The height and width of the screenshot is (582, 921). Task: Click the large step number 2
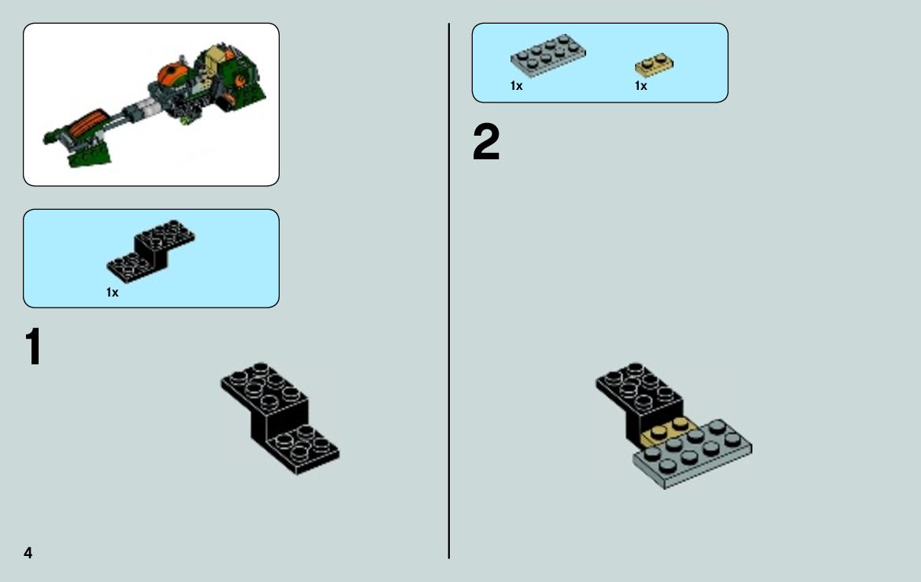(486, 142)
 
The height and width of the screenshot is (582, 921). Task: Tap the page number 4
(28, 553)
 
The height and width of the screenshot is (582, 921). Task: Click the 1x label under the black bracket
(112, 292)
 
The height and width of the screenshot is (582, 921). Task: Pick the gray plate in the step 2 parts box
(548, 55)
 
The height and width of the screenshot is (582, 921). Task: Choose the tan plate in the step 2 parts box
(654, 65)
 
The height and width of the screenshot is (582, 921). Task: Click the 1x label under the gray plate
(516, 86)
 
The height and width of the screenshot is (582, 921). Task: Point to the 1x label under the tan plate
(641, 86)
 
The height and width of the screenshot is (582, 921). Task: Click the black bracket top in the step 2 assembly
(639, 388)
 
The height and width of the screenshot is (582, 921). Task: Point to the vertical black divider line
(449, 291)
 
